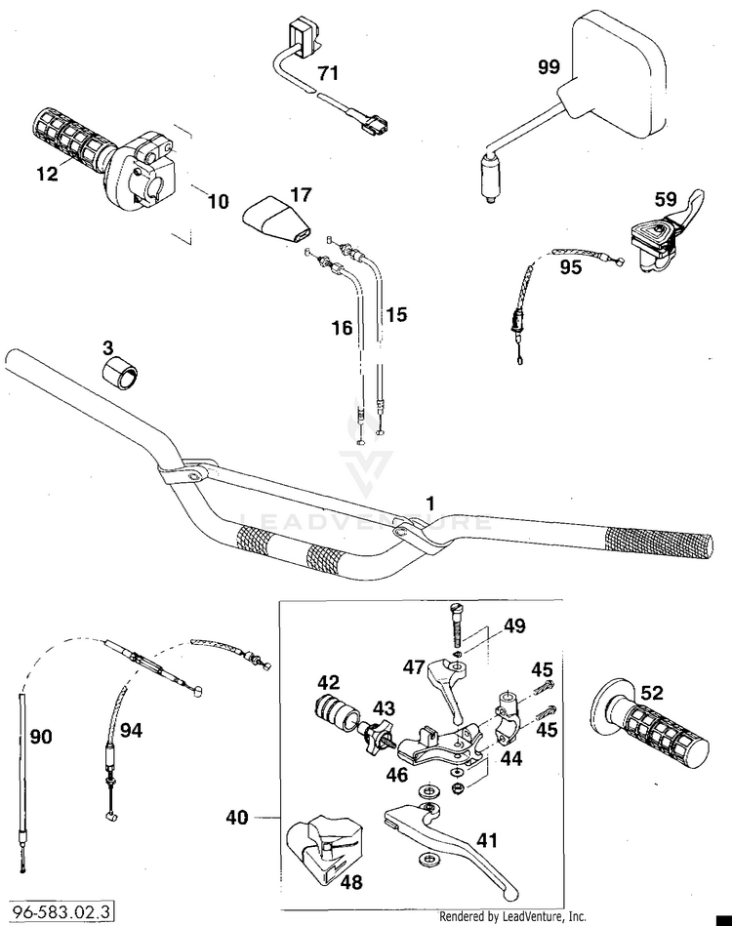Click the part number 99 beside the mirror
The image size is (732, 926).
(x=549, y=66)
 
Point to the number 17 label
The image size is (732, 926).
(x=301, y=194)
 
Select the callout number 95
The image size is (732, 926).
(x=570, y=267)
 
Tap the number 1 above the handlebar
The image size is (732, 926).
(x=430, y=503)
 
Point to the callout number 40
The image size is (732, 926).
(x=237, y=818)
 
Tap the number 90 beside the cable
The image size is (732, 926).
(x=41, y=736)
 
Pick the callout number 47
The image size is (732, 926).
(x=414, y=666)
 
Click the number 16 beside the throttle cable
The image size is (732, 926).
(x=342, y=328)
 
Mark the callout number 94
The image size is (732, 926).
(x=131, y=730)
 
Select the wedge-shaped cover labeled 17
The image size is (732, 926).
(x=277, y=221)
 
